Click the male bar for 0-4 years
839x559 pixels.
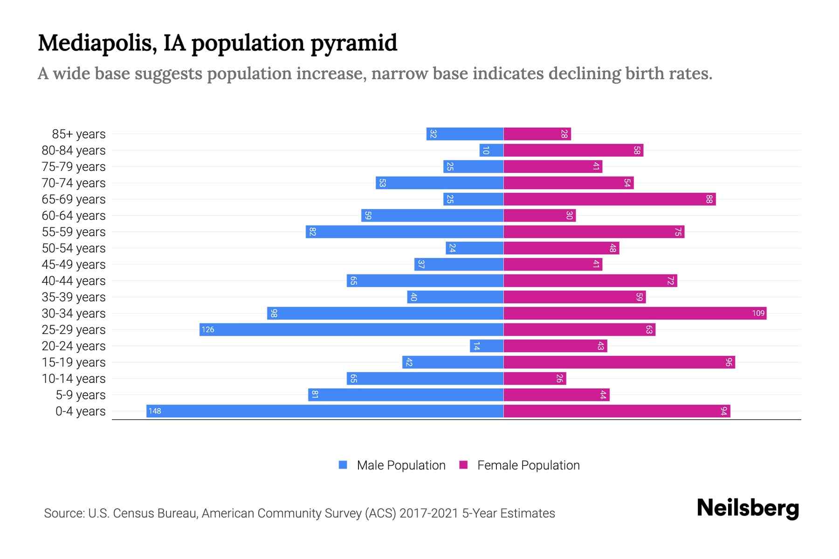click(x=325, y=411)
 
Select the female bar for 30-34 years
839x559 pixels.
click(x=635, y=313)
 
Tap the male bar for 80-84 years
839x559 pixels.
click(x=491, y=150)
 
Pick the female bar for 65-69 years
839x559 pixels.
click(x=609, y=199)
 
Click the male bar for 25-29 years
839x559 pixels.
click(x=351, y=329)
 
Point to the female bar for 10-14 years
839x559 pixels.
click(x=535, y=378)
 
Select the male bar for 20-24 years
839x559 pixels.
click(x=487, y=346)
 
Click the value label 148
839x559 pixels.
click(x=155, y=411)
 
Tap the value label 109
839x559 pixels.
click(x=758, y=313)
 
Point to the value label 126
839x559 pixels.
click(x=208, y=329)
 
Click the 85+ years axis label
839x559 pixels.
click(x=79, y=134)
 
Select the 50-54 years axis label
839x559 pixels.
click(x=74, y=248)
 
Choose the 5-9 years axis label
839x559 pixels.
click(x=81, y=395)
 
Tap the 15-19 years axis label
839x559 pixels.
click(x=74, y=362)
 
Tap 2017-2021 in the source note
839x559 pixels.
click(x=428, y=513)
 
